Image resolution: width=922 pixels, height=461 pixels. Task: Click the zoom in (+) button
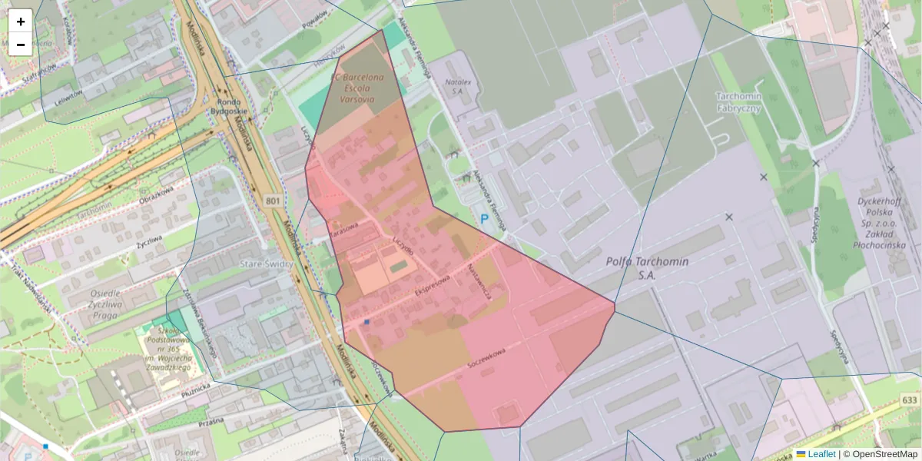pos(21,21)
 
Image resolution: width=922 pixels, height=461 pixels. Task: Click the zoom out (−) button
pos(21,45)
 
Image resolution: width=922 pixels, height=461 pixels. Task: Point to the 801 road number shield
pos(273,201)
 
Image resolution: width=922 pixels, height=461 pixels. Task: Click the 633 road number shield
pos(910,400)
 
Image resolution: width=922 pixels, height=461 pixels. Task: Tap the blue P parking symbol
pos(484,219)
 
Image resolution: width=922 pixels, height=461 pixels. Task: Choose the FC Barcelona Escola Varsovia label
pos(357,88)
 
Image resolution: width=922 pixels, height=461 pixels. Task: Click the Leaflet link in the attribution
pos(821,454)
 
